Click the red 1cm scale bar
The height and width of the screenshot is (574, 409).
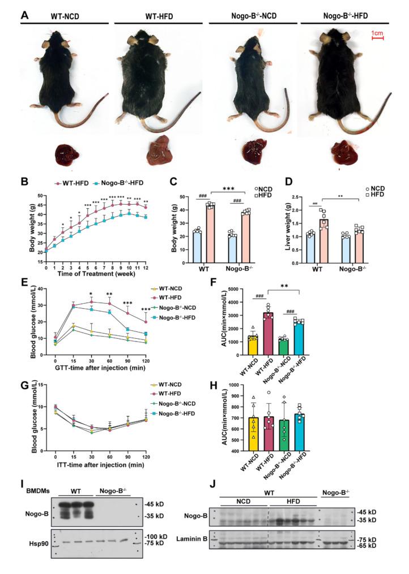377,38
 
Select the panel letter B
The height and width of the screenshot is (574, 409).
24,183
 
